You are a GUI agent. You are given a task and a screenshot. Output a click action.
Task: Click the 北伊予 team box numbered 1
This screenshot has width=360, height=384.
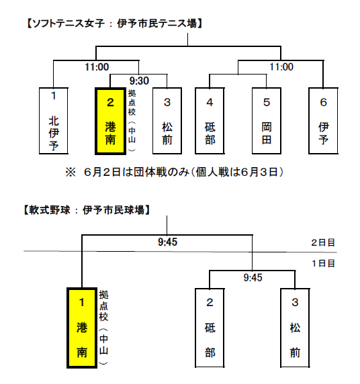click(54, 121)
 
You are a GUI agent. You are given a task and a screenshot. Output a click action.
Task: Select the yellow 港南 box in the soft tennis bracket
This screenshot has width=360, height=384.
click(111, 122)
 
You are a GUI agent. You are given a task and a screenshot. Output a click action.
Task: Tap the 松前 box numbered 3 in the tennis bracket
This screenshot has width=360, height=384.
click(167, 121)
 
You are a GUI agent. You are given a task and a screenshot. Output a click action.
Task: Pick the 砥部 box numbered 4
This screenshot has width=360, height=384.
click(210, 121)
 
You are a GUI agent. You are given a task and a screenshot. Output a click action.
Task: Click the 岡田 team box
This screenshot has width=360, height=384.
click(267, 121)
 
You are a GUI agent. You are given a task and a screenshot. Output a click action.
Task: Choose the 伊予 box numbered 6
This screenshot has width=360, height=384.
click(323, 121)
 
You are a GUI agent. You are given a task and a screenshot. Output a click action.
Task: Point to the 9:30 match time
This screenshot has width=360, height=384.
click(139, 81)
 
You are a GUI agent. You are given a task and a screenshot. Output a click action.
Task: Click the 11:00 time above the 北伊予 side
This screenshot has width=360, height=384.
click(97, 67)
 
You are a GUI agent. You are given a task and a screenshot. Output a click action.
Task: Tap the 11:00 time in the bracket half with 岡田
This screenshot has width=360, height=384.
click(281, 67)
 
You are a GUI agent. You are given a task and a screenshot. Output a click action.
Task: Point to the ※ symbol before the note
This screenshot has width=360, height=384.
click(71, 172)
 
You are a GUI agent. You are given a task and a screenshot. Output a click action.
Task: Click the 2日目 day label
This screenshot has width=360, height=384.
click(323, 243)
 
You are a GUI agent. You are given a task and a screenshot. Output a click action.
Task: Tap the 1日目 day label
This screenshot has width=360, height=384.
click(323, 264)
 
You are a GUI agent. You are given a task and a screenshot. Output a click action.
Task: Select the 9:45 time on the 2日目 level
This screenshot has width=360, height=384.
click(168, 242)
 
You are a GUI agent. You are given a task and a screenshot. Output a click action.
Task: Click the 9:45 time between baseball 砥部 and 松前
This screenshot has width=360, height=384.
click(253, 277)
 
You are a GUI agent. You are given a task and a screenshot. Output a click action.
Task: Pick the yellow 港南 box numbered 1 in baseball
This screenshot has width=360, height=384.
click(82, 328)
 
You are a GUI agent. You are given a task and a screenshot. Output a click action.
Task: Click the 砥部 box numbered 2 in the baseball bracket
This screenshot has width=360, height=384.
click(210, 328)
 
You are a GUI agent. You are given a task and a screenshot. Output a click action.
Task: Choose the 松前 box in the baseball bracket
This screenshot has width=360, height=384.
click(295, 328)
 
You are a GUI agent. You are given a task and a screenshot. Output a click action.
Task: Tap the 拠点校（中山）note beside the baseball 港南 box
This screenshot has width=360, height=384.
click(103, 328)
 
